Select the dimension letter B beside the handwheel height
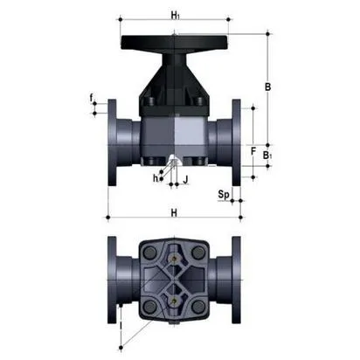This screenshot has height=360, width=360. tap(268, 87)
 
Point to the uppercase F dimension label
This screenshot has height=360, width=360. tap(253, 151)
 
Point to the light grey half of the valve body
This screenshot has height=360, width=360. tap(190, 136)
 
